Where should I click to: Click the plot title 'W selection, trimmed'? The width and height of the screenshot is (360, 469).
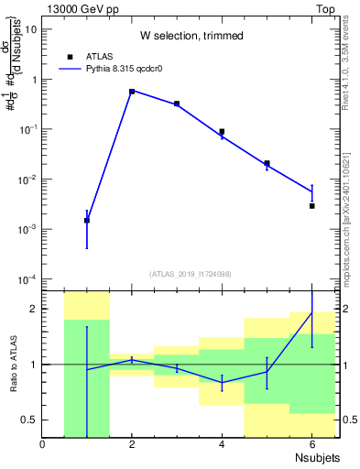(191, 36)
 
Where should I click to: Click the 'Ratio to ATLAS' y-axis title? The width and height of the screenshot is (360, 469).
(14, 364)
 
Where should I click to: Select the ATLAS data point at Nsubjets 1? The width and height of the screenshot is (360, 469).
(87, 220)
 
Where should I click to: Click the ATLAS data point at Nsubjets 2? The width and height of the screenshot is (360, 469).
(132, 92)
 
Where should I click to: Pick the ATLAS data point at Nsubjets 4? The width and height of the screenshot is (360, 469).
(222, 132)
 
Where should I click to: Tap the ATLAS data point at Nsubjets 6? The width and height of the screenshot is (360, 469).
(311, 206)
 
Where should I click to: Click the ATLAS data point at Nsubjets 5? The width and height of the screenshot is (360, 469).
(267, 163)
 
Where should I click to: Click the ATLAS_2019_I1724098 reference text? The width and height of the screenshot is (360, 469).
(191, 274)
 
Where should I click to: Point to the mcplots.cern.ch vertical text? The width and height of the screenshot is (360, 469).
(349, 229)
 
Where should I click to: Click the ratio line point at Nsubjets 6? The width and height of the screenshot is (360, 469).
(311, 312)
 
